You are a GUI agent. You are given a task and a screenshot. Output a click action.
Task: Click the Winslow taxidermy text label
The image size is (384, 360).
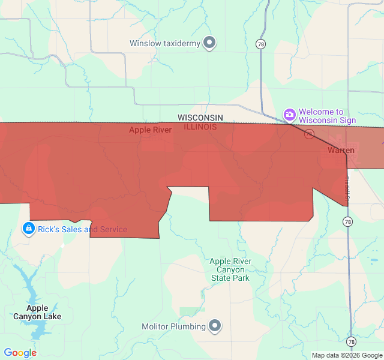click(x=165, y=43)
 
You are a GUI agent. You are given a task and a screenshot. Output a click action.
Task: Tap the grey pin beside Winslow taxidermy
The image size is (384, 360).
click(x=209, y=43)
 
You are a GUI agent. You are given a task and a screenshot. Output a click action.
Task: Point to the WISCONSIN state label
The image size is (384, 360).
click(x=200, y=118)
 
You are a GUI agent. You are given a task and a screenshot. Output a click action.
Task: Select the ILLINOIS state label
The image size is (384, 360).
click(x=200, y=127)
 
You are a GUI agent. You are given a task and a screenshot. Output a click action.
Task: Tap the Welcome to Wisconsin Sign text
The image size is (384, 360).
click(x=327, y=116)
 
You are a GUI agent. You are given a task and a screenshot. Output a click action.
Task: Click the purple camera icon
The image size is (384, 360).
click(x=290, y=115)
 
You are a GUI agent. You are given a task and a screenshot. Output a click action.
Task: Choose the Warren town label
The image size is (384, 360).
click(x=341, y=150)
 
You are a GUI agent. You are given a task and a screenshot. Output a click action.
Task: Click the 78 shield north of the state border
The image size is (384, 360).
click(x=260, y=44)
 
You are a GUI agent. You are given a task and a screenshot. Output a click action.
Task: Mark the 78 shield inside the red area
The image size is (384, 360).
click(x=309, y=134)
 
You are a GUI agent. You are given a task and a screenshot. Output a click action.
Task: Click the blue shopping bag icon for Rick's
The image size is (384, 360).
click(x=28, y=229)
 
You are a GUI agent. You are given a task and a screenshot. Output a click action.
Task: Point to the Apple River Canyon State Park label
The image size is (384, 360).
click(x=230, y=269)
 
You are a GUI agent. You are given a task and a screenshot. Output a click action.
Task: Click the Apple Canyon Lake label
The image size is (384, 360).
click(x=37, y=312)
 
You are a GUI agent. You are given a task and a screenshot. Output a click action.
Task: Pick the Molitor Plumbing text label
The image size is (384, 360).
click(x=173, y=326)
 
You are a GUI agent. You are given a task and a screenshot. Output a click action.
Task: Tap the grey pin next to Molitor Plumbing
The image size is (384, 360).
click(x=215, y=326)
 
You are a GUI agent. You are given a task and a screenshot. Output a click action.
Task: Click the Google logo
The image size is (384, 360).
click(x=20, y=353)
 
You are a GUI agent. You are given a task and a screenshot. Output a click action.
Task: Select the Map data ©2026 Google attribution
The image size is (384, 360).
click(x=347, y=355)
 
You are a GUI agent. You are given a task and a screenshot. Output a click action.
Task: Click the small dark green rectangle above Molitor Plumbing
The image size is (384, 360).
click(x=192, y=310)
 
